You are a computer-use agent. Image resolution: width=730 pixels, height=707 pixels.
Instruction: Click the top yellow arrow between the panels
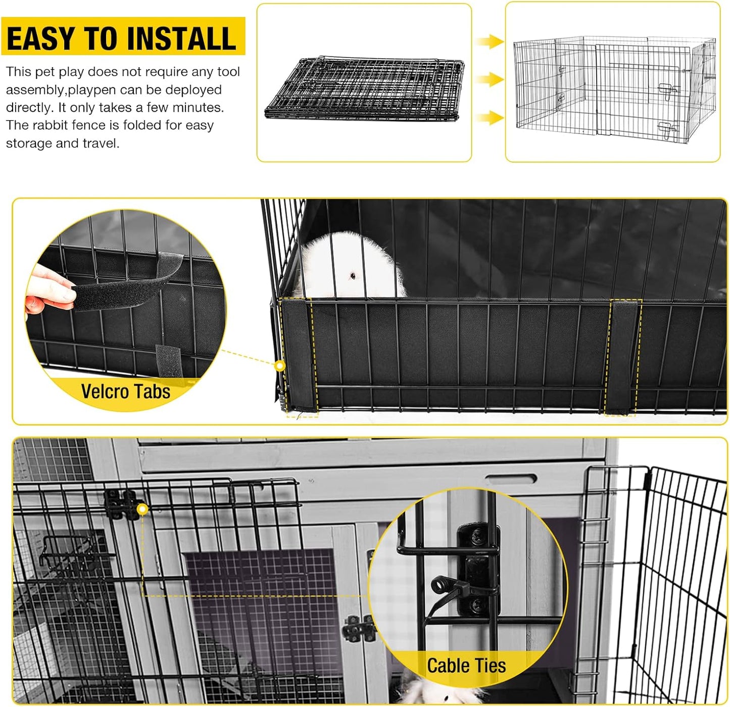point(489,41)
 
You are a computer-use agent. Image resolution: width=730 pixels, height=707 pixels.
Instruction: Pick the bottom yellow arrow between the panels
point(489,118)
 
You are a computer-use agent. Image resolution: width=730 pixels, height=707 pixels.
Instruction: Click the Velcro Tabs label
point(125,392)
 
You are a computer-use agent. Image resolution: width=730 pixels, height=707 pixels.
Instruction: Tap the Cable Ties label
point(466,666)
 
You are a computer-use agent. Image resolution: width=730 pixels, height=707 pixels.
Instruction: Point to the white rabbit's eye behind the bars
point(352,276)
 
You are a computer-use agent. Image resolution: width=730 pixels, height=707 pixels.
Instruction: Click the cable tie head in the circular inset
point(441,586)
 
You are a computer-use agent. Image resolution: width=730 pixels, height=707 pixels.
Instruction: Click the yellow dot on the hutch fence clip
point(142,509)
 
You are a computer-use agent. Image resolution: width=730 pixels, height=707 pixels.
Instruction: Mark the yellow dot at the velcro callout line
point(280,365)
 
